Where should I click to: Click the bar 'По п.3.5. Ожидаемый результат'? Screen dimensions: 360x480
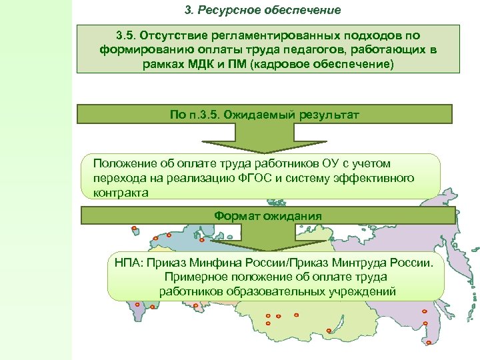[x=265, y=115]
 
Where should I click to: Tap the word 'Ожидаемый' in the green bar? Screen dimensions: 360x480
[x=257, y=115]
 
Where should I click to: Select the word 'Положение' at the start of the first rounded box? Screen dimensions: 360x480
[x=121, y=164]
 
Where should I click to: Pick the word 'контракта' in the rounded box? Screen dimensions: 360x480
[x=118, y=192]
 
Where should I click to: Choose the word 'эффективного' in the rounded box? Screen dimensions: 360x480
[x=378, y=178]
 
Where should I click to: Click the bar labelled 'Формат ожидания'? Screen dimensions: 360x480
[x=268, y=216]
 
